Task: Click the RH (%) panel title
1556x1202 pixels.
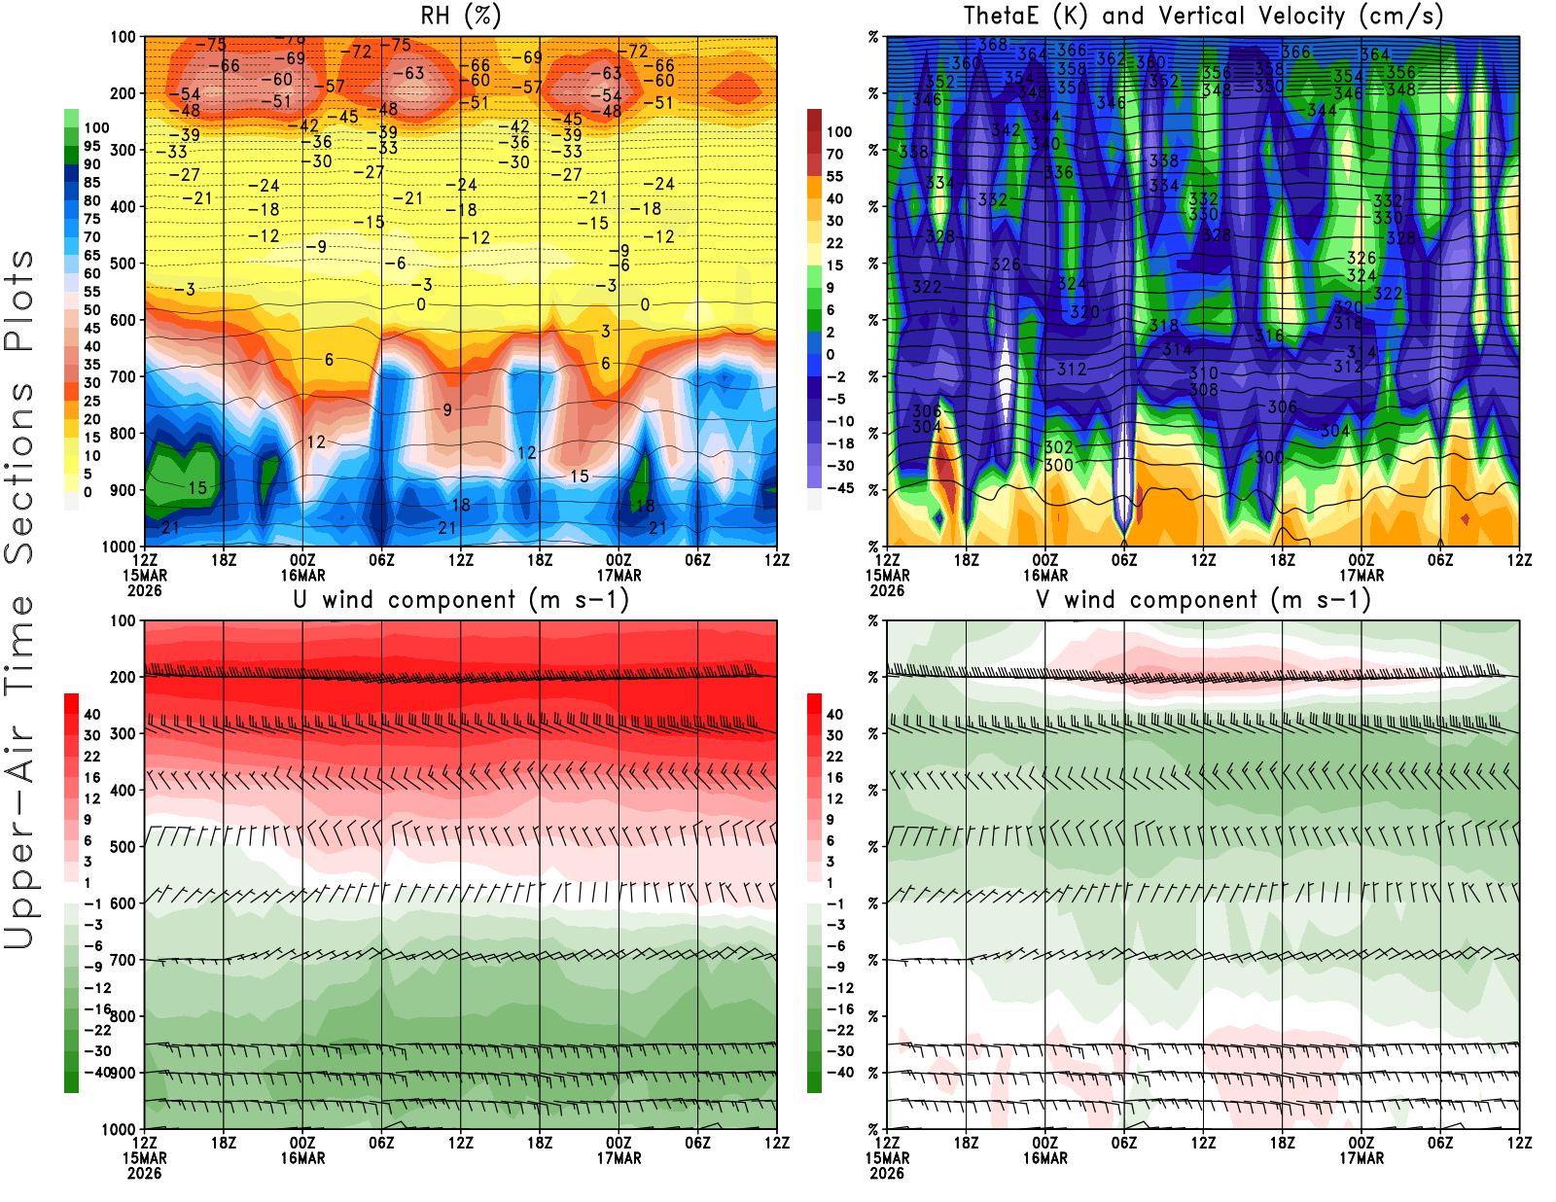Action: pos(460,16)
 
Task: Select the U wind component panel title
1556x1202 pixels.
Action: pos(461,599)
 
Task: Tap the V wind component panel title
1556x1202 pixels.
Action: pos(1203,599)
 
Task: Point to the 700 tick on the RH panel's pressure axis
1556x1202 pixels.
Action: pos(123,376)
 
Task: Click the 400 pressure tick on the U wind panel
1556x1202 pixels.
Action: pos(123,791)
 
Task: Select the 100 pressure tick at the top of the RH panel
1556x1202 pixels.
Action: pos(123,37)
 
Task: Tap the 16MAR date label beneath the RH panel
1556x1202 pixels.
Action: pos(302,575)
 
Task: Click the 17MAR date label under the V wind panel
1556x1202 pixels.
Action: pos(1361,1158)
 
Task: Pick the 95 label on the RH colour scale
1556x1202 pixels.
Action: pos(91,146)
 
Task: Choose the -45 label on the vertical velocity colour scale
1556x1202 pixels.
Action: pos(839,488)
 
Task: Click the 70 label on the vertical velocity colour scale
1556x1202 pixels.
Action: pos(834,154)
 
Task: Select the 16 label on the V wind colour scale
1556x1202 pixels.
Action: pos(834,778)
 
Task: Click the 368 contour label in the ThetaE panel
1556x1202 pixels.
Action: pos(993,44)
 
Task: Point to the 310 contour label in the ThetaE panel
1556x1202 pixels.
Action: pos(1203,372)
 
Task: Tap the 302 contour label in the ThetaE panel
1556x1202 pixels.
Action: pos(1058,447)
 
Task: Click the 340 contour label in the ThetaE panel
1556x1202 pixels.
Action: pos(1045,144)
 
